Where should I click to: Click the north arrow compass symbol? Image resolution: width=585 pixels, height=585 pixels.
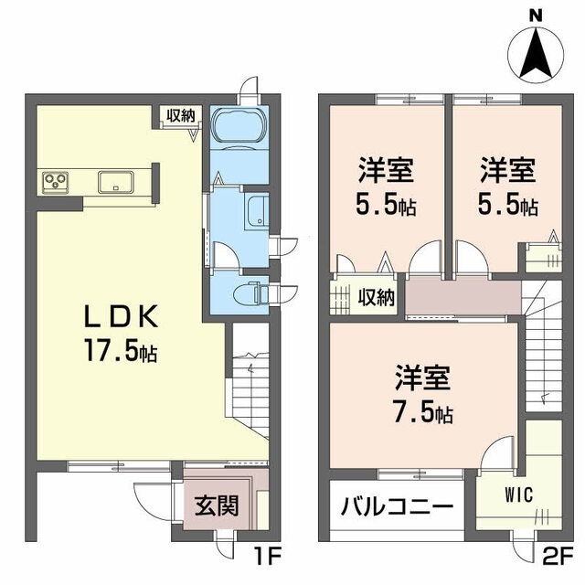pyautogui.click(x=536, y=55)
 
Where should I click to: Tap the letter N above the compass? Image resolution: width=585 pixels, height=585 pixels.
pyautogui.click(x=537, y=16)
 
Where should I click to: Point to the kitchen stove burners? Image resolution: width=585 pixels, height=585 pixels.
pyautogui.click(x=55, y=182)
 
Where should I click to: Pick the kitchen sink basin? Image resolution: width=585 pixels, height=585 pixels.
pyautogui.click(x=116, y=182)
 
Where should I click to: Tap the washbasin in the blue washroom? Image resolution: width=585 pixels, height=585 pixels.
pyautogui.click(x=256, y=212)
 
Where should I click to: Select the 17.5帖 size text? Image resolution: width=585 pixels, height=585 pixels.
pyautogui.click(x=122, y=350)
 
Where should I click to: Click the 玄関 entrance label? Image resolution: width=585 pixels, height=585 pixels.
pyautogui.click(x=217, y=505)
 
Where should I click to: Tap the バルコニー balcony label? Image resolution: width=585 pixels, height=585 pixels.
pyautogui.click(x=397, y=505)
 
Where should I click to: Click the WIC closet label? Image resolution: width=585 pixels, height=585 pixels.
pyautogui.click(x=519, y=495)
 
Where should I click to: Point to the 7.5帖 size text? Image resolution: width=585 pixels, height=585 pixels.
pyautogui.click(x=424, y=410)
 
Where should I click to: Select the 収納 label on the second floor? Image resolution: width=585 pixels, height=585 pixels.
pyautogui.click(x=376, y=297)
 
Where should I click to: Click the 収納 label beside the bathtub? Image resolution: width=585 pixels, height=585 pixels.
pyautogui.click(x=181, y=115)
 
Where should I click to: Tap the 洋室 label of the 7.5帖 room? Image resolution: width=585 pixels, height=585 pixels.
pyautogui.click(x=423, y=378)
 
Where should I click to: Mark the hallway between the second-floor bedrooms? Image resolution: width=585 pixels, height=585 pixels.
pyautogui.click(x=463, y=297)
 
